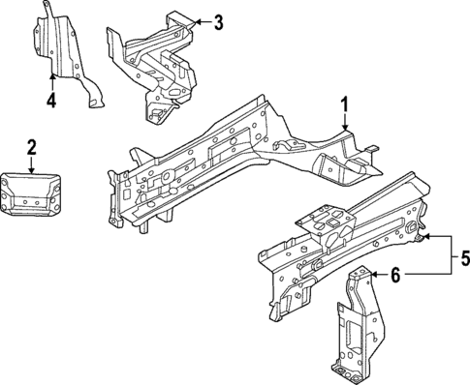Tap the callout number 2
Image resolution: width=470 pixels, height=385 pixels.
tap(31, 146)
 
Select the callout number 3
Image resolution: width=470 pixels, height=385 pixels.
tap(218, 21)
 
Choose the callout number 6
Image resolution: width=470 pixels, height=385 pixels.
tap(396, 276)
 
